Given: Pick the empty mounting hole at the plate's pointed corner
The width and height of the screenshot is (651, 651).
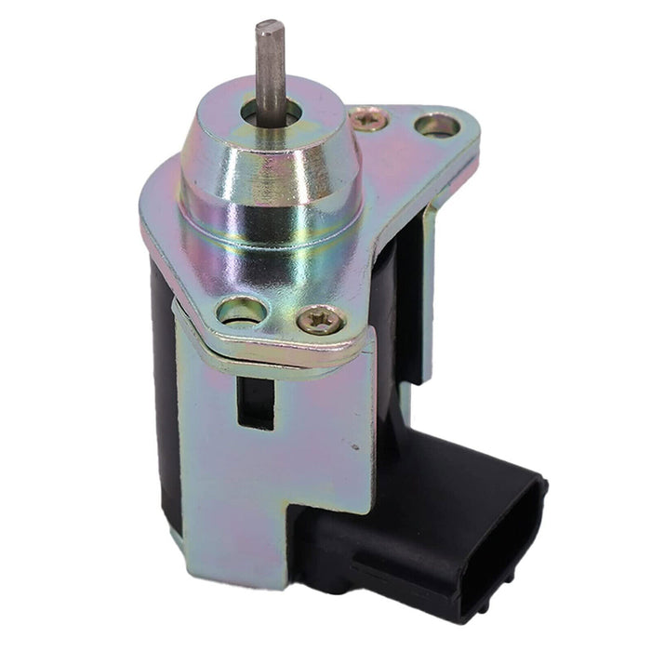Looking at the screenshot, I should click(x=436, y=125).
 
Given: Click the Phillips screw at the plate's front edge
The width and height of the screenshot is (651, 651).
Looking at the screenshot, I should click(x=321, y=322).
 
